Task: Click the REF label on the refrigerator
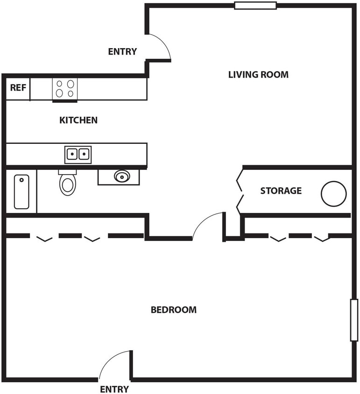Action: tap(18, 88)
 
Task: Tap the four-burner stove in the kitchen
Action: tap(65, 89)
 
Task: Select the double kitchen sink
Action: tap(78, 154)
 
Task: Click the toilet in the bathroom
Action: tap(67, 183)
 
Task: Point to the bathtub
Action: tap(21, 191)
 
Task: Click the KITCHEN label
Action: tap(78, 120)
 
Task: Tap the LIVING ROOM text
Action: tap(258, 75)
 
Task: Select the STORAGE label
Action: tap(281, 191)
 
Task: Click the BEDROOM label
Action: tap(174, 310)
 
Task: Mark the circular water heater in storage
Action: tap(333, 194)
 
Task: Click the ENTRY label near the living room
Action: tap(122, 52)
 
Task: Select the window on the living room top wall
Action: tap(255, 6)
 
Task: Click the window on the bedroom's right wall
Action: tap(354, 320)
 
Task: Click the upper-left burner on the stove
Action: tap(60, 84)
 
